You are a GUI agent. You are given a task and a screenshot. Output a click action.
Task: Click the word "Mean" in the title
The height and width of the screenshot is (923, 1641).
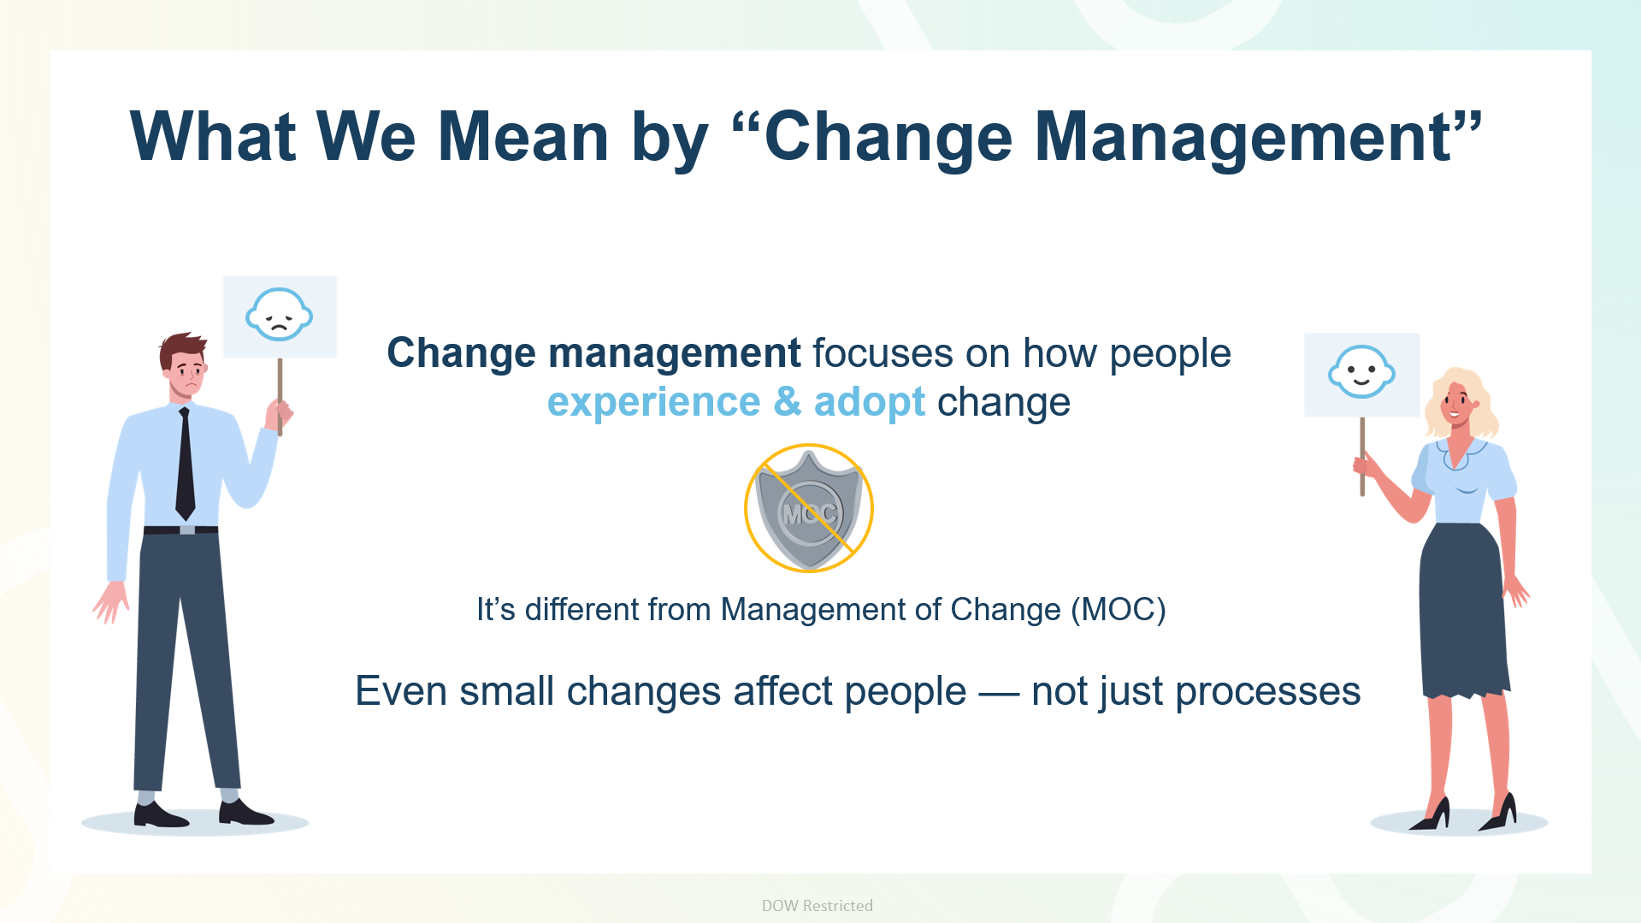pos(522,137)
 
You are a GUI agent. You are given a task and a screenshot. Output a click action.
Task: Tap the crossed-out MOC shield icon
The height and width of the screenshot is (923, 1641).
pos(808,508)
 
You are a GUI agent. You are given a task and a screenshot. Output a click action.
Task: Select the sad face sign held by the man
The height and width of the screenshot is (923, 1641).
pos(280,317)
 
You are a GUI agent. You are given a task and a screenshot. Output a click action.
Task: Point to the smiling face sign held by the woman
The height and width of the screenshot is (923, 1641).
pos(1361,375)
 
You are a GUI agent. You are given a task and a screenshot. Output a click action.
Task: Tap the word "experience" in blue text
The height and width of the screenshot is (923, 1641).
pos(653,402)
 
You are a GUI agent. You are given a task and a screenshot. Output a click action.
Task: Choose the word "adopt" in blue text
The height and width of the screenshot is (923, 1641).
pos(869,402)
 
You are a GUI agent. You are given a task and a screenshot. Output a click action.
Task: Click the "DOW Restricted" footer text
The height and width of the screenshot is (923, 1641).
pos(817,905)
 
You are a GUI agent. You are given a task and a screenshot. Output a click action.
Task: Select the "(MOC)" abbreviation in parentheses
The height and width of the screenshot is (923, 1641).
pos(1118,610)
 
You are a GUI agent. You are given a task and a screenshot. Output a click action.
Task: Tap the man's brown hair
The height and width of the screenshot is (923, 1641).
pos(182,349)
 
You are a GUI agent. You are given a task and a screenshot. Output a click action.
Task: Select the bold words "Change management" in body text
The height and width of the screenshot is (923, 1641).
pos(593,353)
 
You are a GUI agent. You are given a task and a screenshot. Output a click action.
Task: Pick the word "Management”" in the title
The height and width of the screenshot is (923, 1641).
pos(1258,137)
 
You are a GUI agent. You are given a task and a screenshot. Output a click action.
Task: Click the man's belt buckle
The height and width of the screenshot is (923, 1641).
pos(186,530)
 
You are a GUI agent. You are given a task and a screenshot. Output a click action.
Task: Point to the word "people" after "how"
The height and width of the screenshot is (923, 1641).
pos(1170,354)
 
